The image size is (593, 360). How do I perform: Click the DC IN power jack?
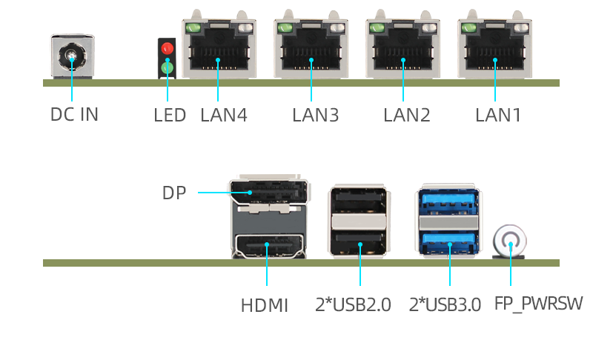click(71, 56)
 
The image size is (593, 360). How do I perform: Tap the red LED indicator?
click(167, 50)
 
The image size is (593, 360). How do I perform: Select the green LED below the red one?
click(167, 68)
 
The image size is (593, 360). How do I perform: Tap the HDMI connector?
click(268, 244)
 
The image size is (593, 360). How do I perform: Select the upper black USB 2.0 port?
click(359, 201)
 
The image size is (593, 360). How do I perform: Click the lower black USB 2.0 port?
click(359, 240)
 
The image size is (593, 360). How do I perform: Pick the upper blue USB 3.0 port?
click(448, 201)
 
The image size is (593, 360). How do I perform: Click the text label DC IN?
click(74, 115)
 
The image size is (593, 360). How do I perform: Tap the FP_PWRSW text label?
click(538, 304)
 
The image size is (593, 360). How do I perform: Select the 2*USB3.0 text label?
click(445, 304)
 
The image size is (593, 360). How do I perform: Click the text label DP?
click(173, 193)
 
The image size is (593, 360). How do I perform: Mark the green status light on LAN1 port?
click(468, 28)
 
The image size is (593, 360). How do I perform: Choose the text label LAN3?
click(315, 116)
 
